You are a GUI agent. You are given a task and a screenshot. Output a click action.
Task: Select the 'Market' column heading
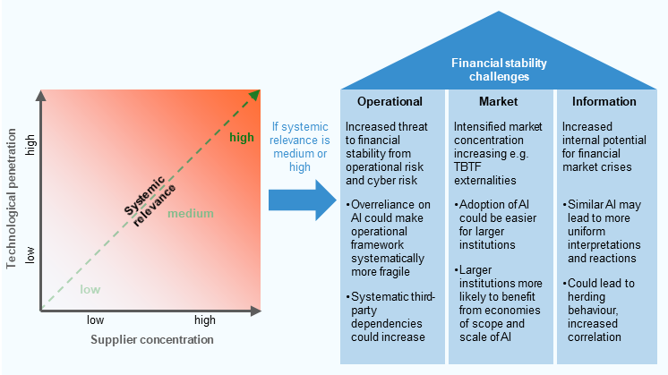pos(498,101)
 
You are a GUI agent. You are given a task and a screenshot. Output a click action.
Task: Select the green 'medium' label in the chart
pos(190,213)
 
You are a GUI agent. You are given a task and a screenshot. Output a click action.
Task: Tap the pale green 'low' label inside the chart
pos(90,288)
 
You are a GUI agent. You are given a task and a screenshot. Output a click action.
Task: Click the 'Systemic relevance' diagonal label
pos(150,192)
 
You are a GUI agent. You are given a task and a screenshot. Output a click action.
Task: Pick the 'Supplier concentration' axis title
pos(151,339)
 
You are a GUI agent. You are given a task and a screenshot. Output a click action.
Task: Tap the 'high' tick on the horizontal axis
pos(206,320)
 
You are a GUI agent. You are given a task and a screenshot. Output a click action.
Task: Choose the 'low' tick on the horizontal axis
pos(96,320)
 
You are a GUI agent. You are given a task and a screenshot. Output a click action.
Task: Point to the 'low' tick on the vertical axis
pos(30,256)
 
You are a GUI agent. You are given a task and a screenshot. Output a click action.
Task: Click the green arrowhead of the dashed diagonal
pos(255,96)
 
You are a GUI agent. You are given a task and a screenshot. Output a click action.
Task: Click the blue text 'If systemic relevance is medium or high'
pos(301,147)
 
